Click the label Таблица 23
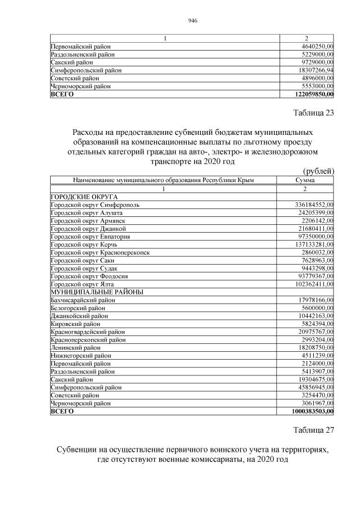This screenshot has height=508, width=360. coord(314,113)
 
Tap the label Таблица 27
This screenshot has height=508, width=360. coord(314,430)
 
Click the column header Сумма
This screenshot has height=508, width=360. coord(305,180)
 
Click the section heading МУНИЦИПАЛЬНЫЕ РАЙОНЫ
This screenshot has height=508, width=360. coord(97,292)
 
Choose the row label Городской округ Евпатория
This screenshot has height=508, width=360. coord(88,237)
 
